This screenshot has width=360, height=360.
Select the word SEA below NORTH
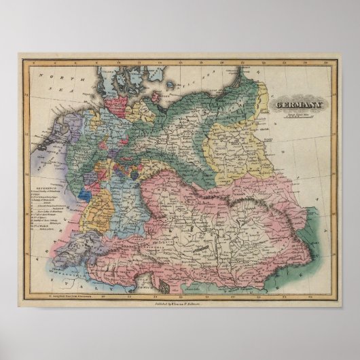coord(52,87)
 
